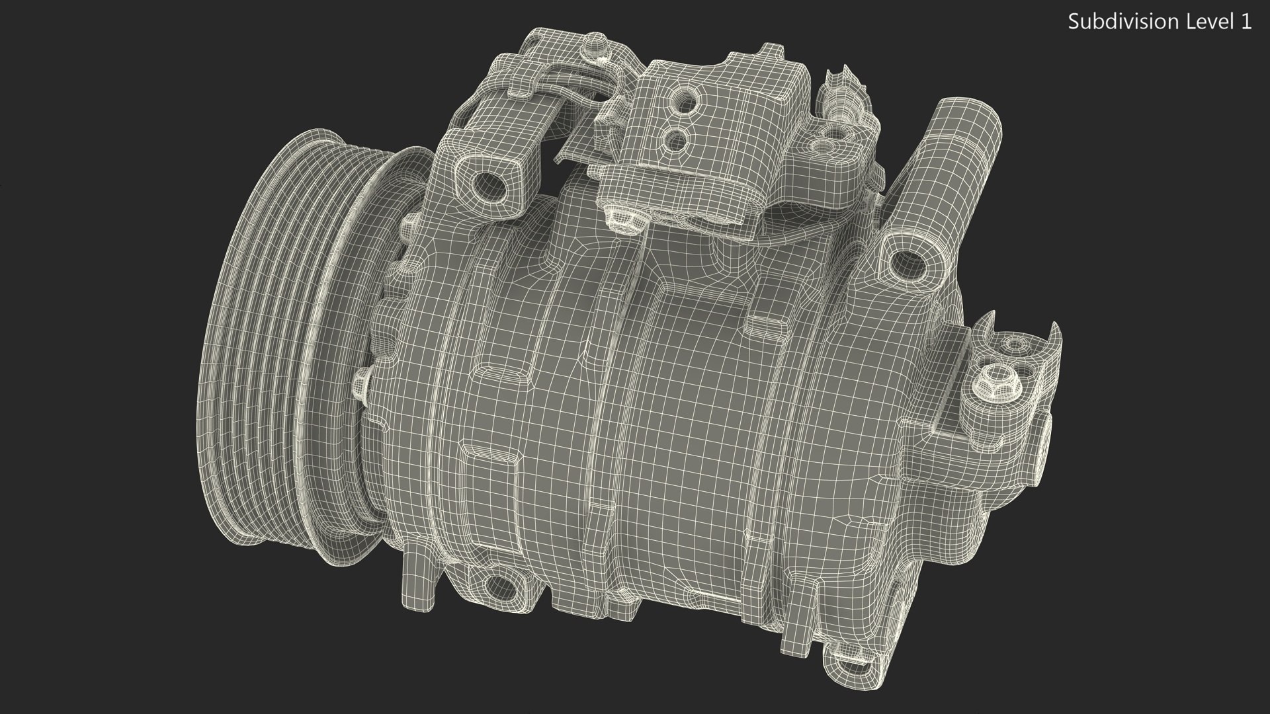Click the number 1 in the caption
[1245, 22]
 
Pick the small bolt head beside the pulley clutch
[362, 382]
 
